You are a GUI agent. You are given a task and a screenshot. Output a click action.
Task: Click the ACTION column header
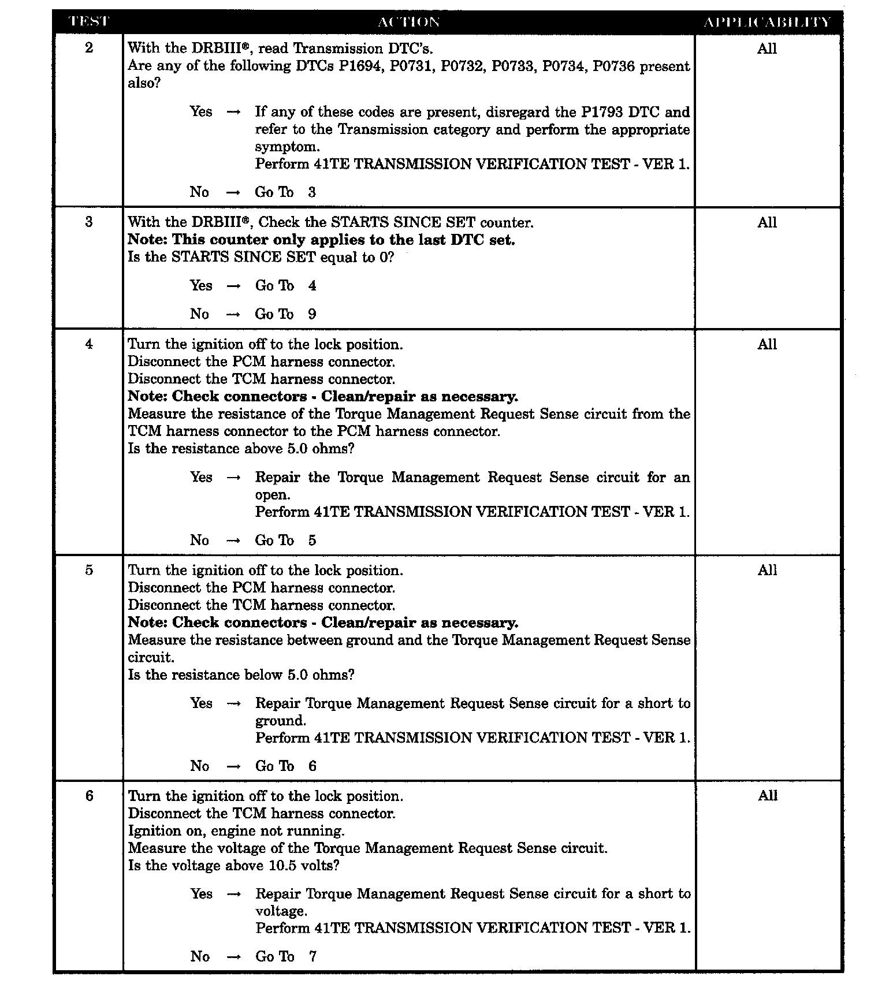(x=408, y=22)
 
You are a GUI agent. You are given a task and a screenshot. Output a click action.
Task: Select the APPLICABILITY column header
(x=767, y=22)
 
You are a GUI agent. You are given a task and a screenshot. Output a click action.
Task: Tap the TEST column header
(x=88, y=22)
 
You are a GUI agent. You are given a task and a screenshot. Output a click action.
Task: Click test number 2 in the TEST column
(x=89, y=48)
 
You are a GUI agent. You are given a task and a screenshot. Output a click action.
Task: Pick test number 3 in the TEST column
(x=89, y=222)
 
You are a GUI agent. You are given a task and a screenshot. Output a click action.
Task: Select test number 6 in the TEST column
(x=89, y=796)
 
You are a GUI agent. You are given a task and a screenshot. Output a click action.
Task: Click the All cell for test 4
(x=767, y=345)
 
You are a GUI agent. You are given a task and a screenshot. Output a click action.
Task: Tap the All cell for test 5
(x=767, y=571)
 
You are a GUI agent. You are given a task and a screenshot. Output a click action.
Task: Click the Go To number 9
(x=312, y=314)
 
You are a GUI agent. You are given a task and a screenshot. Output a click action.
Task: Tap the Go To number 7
(x=312, y=956)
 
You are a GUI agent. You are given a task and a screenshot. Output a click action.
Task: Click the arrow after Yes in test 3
(x=233, y=286)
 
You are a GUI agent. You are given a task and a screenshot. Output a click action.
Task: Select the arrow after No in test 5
(x=233, y=766)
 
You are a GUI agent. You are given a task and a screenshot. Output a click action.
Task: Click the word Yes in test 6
(x=201, y=894)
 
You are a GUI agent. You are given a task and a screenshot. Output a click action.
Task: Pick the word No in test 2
(x=199, y=192)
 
